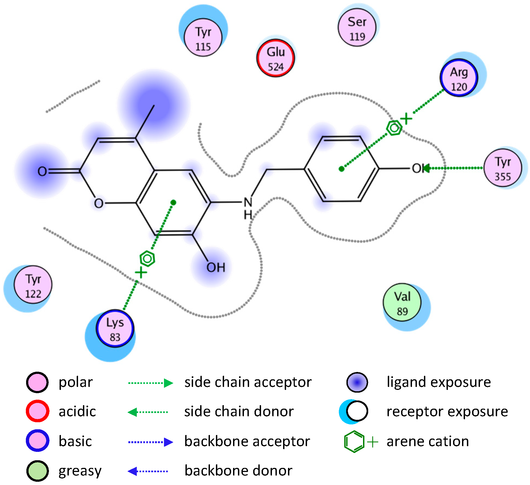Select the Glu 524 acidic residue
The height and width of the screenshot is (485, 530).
tap(275, 58)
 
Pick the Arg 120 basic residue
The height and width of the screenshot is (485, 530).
tap(459, 78)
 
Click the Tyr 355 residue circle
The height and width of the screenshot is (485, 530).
tap(503, 168)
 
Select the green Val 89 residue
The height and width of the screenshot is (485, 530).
tap(402, 303)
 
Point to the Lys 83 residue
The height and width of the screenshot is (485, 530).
tap(115, 328)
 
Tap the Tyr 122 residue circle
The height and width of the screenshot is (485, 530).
tap(33, 285)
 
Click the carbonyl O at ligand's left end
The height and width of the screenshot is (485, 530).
tap(42, 171)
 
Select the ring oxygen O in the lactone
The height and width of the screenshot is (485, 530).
tap(98, 203)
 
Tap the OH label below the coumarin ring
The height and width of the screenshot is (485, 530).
tap(216, 268)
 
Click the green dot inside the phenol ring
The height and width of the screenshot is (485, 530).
tap(342, 169)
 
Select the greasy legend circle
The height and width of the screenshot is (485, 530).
tap(38, 471)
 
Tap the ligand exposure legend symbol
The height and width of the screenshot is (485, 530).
tap(357, 382)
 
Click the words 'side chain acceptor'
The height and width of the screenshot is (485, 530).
tap(248, 382)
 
